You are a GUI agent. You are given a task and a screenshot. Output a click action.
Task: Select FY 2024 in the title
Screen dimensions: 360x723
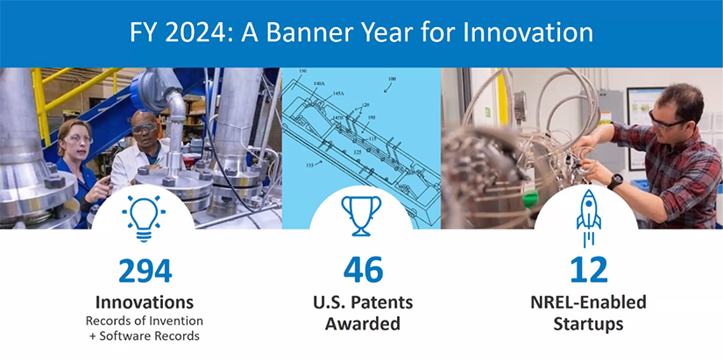(x=176, y=33)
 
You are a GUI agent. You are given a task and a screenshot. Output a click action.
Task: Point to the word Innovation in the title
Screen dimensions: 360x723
(x=527, y=33)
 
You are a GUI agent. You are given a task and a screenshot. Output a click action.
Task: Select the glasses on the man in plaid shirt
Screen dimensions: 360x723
(x=663, y=120)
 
